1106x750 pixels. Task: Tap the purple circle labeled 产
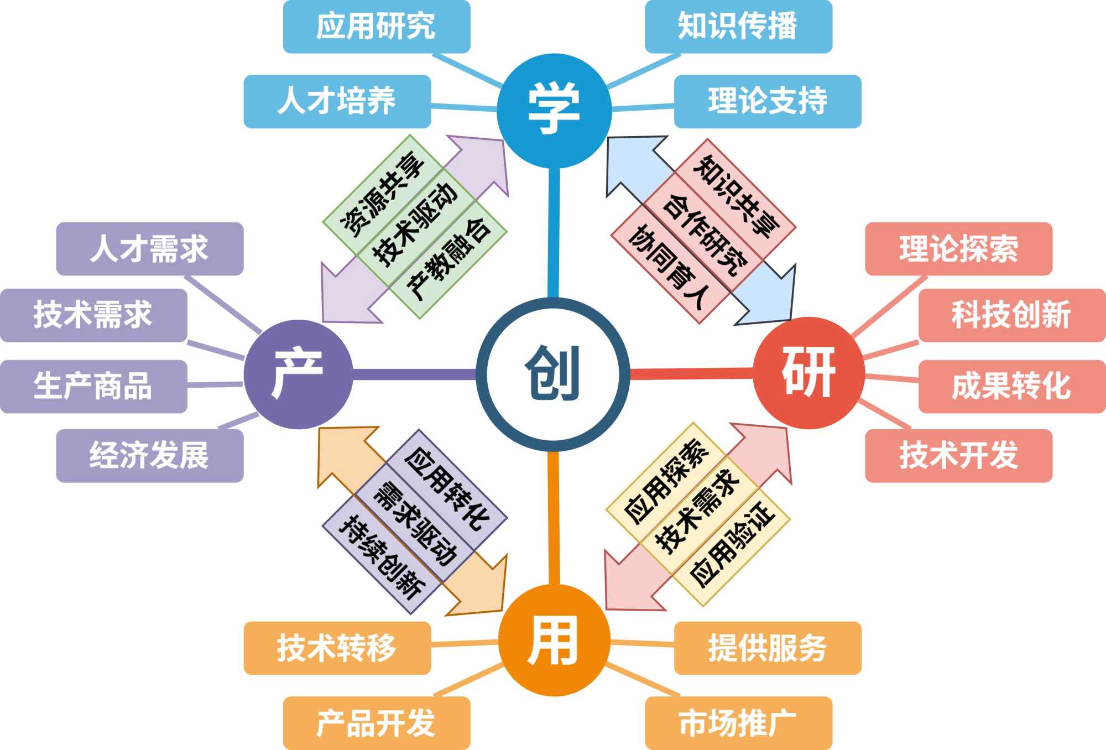tap(299, 374)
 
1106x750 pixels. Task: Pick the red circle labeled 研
tap(808, 373)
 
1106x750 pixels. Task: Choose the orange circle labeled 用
tap(554, 640)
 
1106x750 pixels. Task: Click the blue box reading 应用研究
tap(376, 27)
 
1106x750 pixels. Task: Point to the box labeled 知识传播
tap(738, 27)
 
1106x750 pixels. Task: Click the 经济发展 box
tap(149, 456)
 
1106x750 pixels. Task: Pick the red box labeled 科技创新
tap(1011, 315)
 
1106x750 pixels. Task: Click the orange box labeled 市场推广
tap(738, 723)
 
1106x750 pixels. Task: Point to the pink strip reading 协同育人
tap(669, 264)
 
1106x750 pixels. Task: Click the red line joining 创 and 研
tap(691, 374)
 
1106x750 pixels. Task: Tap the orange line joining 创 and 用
tap(554, 517)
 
